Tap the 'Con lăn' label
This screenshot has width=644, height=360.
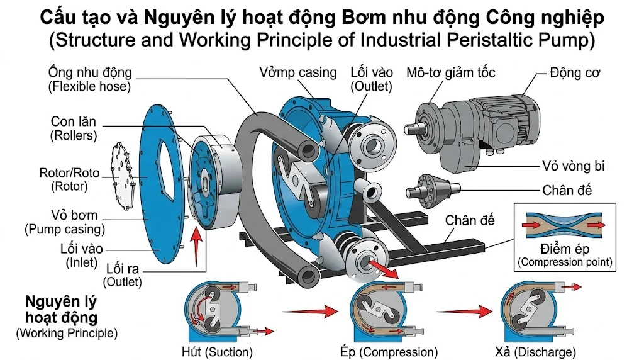[x=74, y=120]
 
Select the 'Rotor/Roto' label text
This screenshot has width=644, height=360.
[x=69, y=172]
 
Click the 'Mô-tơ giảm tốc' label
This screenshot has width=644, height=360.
[x=451, y=72]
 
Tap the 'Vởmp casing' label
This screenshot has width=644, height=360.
[x=298, y=72]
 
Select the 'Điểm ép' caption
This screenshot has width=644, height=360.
[x=563, y=248]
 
